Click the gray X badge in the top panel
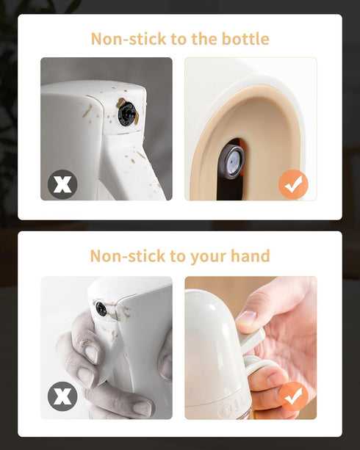(x=62, y=184)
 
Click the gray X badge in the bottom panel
(x=62, y=396)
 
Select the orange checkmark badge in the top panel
(x=293, y=184)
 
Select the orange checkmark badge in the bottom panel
(x=293, y=396)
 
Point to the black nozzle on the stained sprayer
(x=127, y=114)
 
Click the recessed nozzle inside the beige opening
(x=231, y=162)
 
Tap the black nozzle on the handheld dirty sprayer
(x=101, y=308)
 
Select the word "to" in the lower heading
(x=177, y=256)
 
